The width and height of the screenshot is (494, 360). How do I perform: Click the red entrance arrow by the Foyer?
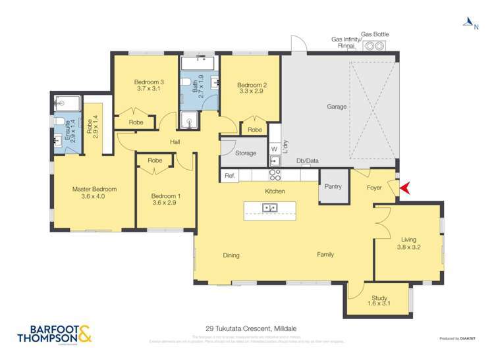coord(404,188)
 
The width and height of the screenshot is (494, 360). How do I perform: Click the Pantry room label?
coord(333,186)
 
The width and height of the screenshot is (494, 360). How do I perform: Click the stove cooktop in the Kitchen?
coord(275,175)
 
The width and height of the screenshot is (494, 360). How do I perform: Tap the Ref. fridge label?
coord(230,176)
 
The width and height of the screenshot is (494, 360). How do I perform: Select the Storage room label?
coord(246,153)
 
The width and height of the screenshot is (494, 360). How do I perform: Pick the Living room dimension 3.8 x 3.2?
coord(408,247)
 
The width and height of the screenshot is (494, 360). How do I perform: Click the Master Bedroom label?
coord(94,189)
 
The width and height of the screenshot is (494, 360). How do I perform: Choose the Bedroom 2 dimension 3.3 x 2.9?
coord(251,92)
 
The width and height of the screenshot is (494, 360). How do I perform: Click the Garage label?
coord(337,107)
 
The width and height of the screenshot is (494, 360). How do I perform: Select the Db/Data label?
coord(307,160)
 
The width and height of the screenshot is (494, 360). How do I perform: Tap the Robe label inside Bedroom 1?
coord(155,161)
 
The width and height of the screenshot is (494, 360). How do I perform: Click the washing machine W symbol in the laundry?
coord(274,149)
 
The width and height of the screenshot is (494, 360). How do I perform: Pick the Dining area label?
coord(231,255)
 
